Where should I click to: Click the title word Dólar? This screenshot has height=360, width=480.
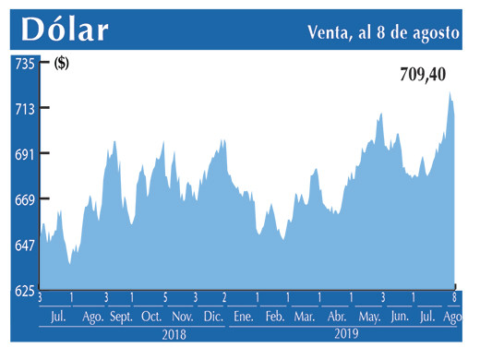coord(65,30)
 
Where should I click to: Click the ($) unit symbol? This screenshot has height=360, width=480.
coord(62,64)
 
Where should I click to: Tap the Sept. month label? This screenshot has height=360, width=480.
coord(121,317)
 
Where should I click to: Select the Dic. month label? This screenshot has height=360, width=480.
coord(213,317)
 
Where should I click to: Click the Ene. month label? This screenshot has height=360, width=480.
coord(244,317)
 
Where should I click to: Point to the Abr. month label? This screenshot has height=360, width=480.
coord(337,317)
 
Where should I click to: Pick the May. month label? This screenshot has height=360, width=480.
coord(369,317)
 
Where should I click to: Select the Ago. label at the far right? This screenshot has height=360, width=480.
coord(453,317)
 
